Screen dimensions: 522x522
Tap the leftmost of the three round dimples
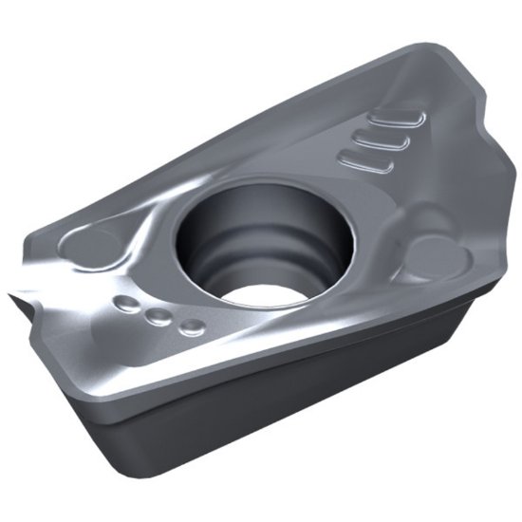(x=125, y=304)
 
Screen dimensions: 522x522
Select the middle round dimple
(x=158, y=316)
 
